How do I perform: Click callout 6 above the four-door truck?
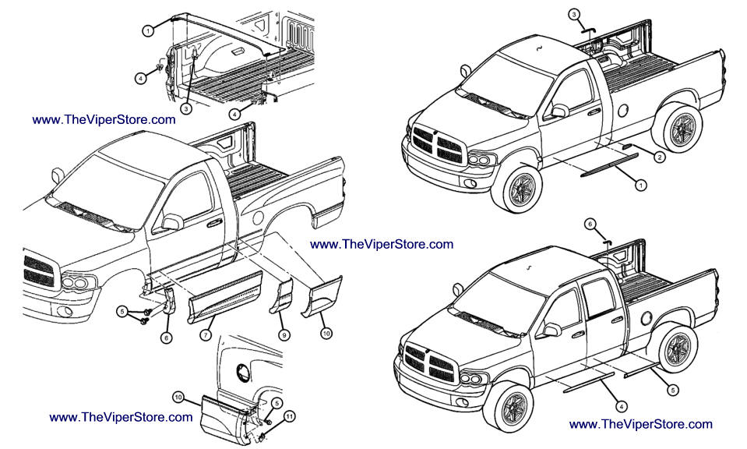pyautogui.click(x=591, y=223)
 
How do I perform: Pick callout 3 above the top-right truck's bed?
pyautogui.click(x=574, y=15)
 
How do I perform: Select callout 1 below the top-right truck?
pyautogui.click(x=640, y=186)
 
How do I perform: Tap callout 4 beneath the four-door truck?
pyautogui.click(x=621, y=405)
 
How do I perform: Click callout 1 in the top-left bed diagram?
pyautogui.click(x=147, y=30)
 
